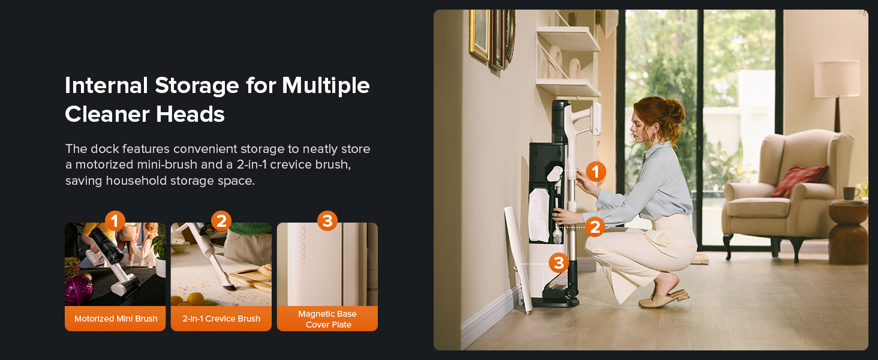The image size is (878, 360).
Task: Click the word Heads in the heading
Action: tap(190, 114)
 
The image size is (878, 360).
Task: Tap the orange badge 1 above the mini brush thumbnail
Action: tap(115, 221)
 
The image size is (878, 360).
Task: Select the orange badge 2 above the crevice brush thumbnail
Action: tap(221, 221)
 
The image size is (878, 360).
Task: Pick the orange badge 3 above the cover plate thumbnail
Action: tap(327, 221)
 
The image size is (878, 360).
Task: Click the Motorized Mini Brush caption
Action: tap(116, 319)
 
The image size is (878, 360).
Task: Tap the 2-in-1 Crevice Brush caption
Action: tap(221, 319)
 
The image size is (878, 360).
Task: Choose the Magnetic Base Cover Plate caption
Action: tap(327, 319)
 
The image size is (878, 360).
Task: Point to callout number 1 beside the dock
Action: tap(596, 172)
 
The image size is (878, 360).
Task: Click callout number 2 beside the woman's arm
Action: tap(595, 227)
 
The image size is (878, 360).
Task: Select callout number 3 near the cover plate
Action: tap(558, 263)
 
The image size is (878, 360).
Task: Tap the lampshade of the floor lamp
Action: tap(837, 79)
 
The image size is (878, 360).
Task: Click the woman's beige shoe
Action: tap(663, 299)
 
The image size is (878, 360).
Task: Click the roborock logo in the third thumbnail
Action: tap(303, 245)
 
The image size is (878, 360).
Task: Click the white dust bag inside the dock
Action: tap(539, 215)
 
